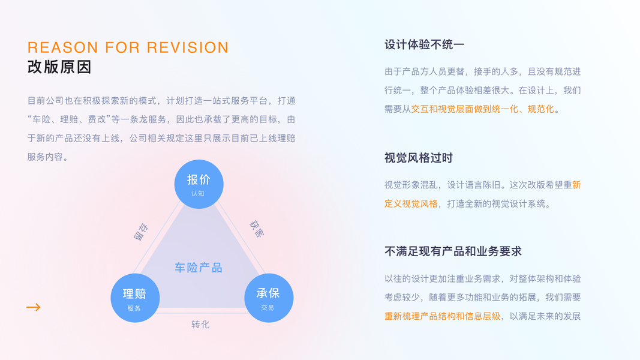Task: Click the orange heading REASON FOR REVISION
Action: (x=128, y=47)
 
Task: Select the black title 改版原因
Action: (x=59, y=67)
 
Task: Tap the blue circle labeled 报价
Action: (x=199, y=184)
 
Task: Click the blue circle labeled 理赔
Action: (x=136, y=298)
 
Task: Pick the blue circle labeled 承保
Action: (x=268, y=298)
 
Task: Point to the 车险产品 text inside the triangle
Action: (x=199, y=268)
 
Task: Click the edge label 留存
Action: (x=141, y=232)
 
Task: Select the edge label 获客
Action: (x=256, y=229)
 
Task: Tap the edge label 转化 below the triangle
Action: (x=200, y=325)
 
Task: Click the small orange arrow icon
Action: (x=34, y=307)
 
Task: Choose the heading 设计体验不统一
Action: (x=425, y=44)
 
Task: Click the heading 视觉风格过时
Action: (x=419, y=158)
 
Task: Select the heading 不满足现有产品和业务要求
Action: (x=453, y=251)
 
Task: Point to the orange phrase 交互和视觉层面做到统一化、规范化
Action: (x=485, y=109)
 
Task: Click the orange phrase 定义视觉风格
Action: (x=411, y=203)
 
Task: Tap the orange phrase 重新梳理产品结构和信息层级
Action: (x=442, y=316)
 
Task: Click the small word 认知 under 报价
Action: (x=198, y=194)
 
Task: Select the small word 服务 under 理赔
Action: (x=134, y=308)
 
